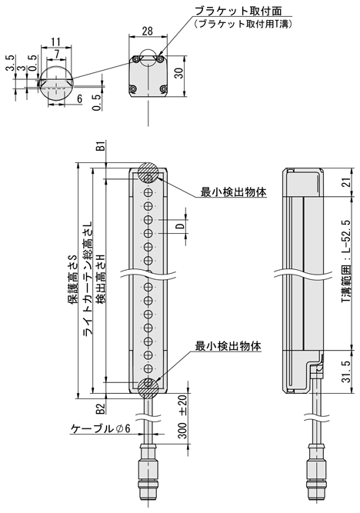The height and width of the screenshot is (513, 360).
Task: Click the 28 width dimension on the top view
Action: coord(148,31)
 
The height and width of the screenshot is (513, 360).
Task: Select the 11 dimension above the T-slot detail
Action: coord(56,42)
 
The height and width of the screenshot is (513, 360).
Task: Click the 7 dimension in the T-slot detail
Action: coord(57,54)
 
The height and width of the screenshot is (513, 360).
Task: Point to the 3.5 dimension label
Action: coord(11,63)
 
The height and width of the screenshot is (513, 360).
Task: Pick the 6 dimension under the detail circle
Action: coord(79,98)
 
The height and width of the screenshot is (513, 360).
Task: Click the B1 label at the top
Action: coord(101,146)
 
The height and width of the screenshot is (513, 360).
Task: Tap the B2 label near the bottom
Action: coord(101,408)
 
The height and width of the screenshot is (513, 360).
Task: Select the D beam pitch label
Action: coord(180,226)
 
